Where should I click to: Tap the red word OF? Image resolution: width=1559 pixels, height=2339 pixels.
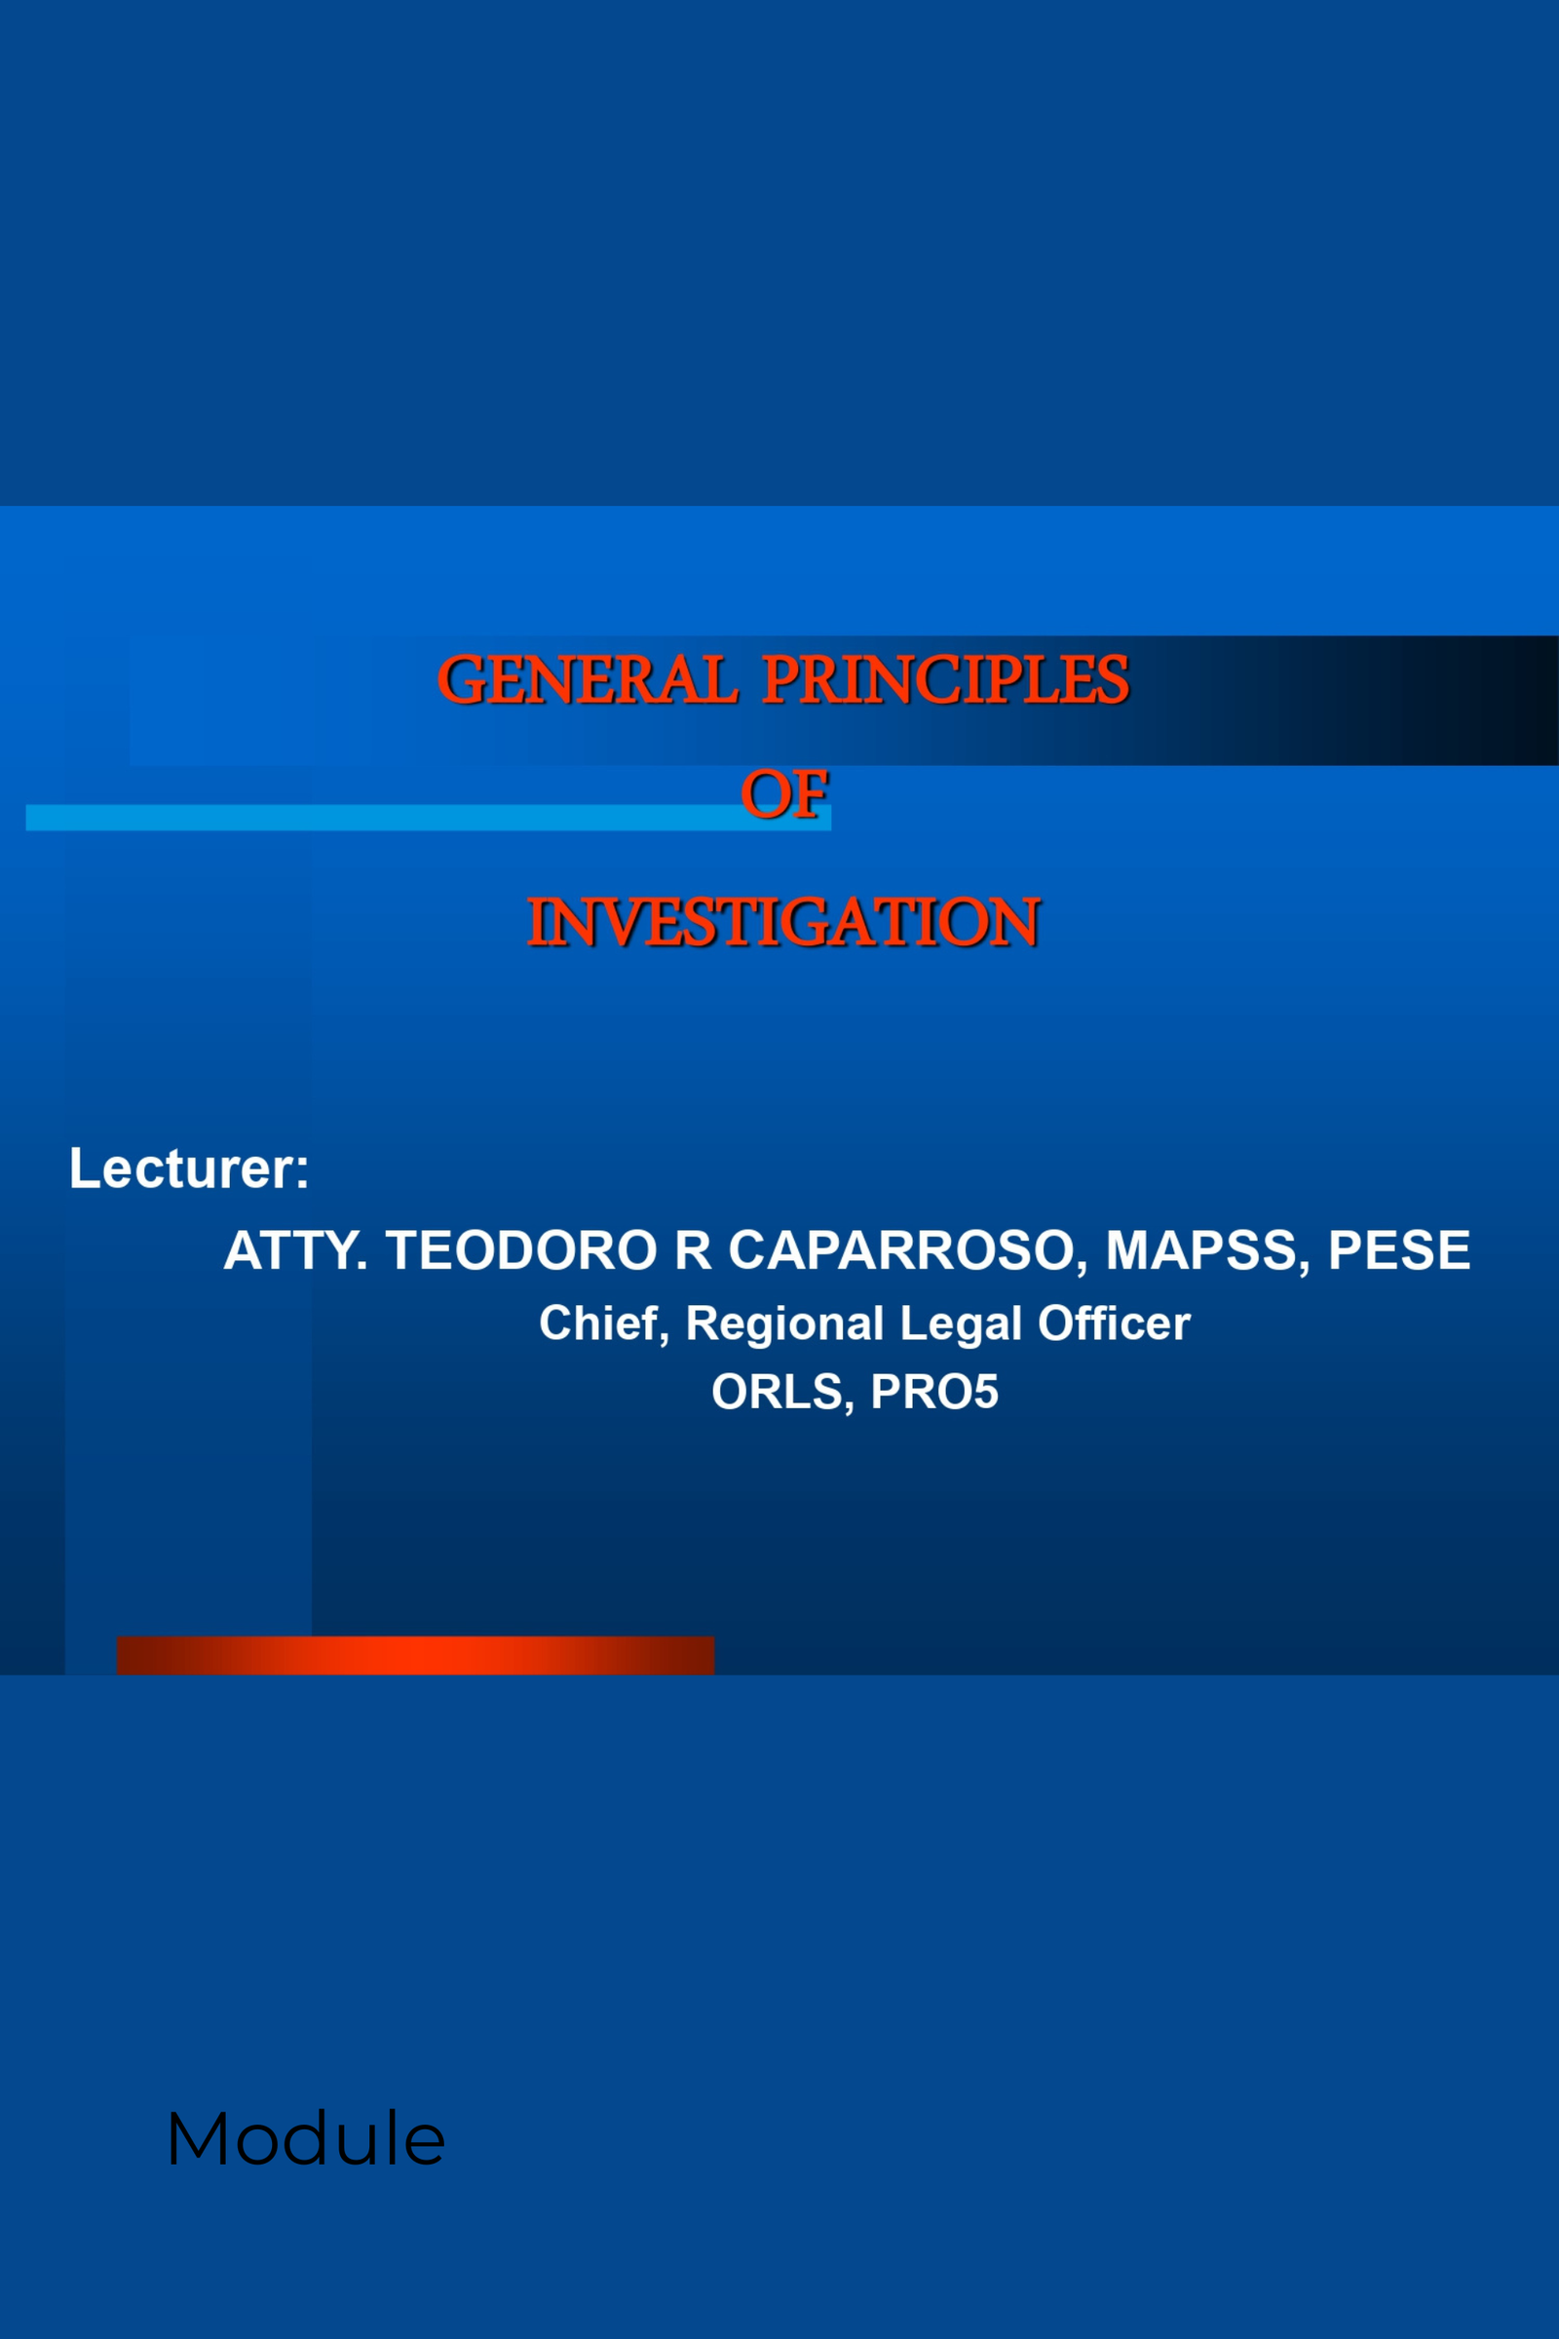point(784,794)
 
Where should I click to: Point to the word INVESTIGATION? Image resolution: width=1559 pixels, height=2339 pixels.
point(783,922)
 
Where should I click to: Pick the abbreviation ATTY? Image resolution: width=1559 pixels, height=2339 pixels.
point(295,1250)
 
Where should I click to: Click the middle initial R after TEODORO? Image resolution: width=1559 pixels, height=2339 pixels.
point(693,1250)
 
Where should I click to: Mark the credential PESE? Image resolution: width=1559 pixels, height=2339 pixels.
point(1399,1250)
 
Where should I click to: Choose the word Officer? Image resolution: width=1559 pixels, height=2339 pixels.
point(1115,1323)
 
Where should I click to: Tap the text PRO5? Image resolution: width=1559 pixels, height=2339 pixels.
point(934,1393)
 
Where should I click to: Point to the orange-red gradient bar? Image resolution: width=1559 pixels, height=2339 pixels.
point(416,1656)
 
